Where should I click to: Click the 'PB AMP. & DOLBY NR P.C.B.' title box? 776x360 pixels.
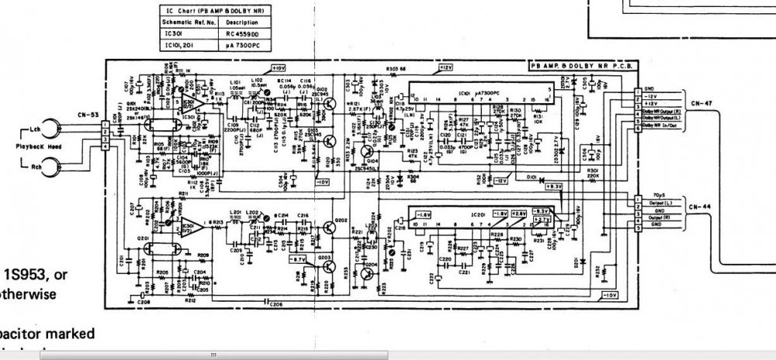click(580, 67)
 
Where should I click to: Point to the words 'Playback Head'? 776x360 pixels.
click(28, 145)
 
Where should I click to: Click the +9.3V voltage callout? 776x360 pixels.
click(552, 186)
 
